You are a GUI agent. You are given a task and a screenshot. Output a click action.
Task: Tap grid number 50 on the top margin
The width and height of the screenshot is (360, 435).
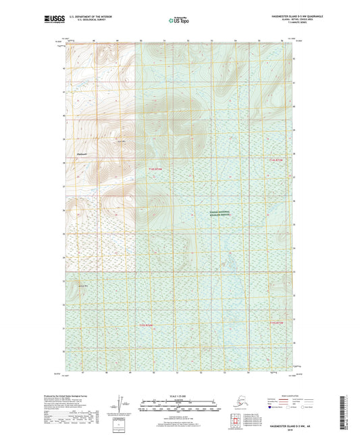[x=141, y=42]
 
